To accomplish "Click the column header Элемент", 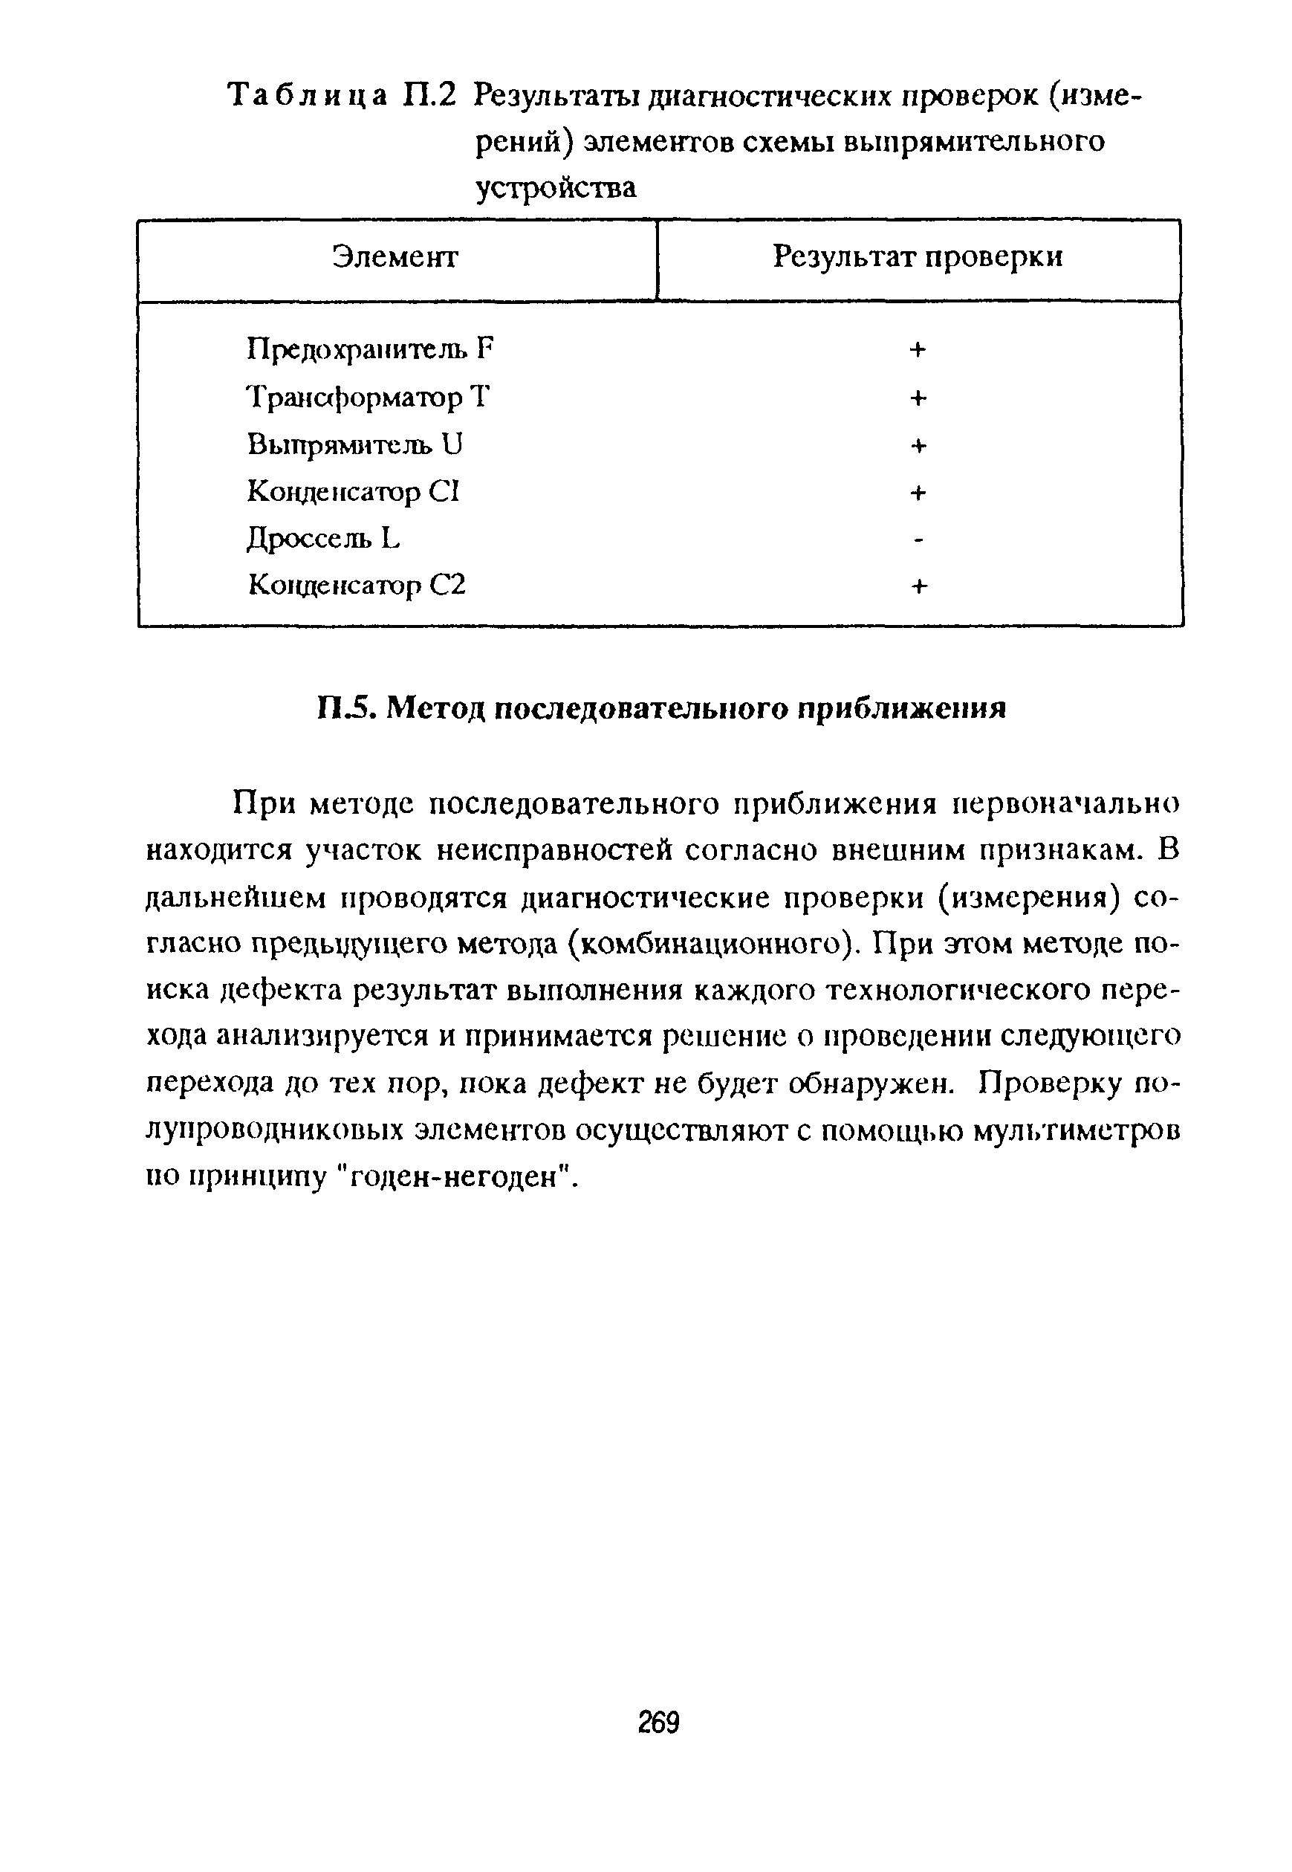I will pos(395,257).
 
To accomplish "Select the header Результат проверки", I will pos(918,256).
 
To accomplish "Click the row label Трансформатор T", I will pos(369,398).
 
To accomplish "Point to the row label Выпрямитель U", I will pos(354,444).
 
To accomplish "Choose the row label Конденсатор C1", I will pos(353,491).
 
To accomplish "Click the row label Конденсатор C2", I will pos(356,585).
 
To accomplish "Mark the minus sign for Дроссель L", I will pos(918,540).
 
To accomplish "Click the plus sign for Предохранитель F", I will pos(918,350).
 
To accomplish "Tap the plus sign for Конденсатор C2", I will pos(918,586).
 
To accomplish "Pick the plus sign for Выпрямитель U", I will pos(918,445).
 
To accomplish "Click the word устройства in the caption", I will pos(555,188).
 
